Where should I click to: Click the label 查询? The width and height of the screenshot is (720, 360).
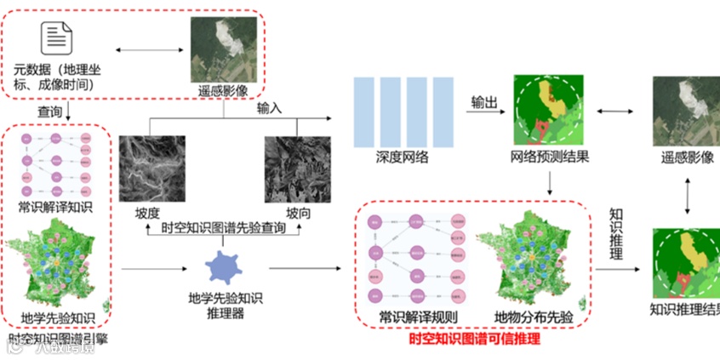click(49, 111)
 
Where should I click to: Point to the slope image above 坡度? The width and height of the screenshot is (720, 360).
click(151, 169)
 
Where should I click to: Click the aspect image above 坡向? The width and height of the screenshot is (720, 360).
click(295, 169)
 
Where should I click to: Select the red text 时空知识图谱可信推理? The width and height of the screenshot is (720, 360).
click(474, 340)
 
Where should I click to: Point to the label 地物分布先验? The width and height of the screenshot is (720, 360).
click(534, 318)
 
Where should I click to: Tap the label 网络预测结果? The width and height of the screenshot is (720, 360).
click(549, 158)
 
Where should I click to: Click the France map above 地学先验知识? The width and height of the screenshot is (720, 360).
click(59, 265)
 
